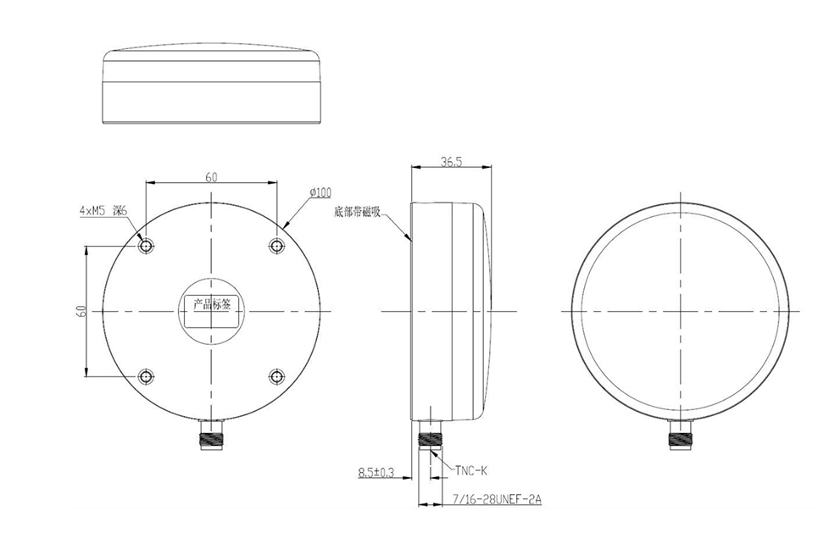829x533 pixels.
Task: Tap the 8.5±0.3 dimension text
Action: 376,471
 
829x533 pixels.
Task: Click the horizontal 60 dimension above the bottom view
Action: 211,177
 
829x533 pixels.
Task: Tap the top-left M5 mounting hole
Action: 147,246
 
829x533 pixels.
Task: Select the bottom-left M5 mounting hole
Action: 147,376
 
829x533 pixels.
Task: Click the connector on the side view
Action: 432,436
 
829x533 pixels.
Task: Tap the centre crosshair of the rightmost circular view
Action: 679,311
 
